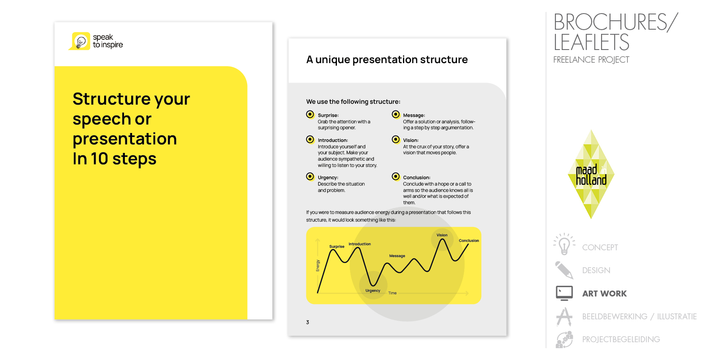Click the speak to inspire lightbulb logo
coord(80,41)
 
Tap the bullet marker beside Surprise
coord(310,114)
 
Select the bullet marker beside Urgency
coord(310,177)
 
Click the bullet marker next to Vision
coord(396,140)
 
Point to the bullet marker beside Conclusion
coord(396,177)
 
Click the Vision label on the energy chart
coord(442,235)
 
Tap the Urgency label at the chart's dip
coord(373,291)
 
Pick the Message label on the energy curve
coord(397,256)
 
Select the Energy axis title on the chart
coord(318,266)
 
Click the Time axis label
coord(392,293)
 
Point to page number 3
coord(308,322)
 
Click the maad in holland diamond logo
coord(591,174)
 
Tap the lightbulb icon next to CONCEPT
coord(564,244)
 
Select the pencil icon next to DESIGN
coord(564,270)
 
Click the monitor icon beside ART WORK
coord(564,293)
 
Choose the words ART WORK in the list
coord(604,294)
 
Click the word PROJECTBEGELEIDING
coord(621,339)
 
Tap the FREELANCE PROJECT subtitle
coord(591,60)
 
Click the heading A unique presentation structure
coord(387,60)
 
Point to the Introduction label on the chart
coord(360,244)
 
